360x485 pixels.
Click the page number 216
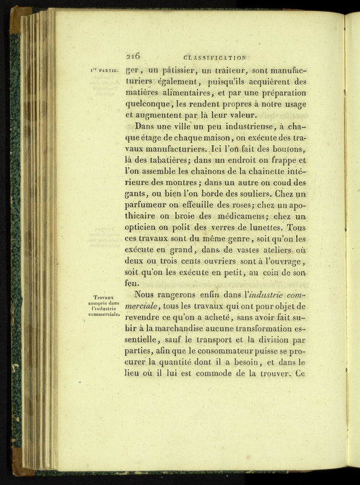(133, 56)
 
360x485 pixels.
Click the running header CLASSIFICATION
(214, 57)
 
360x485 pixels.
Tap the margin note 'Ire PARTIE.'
(104, 71)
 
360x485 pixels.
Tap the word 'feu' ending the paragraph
(132, 284)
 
